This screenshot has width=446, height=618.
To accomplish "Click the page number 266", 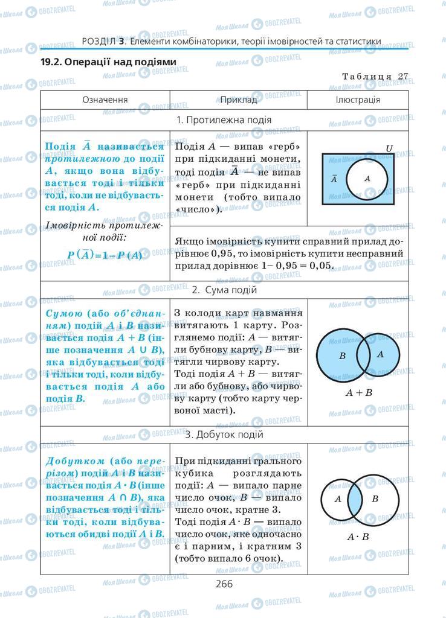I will pos(222,583).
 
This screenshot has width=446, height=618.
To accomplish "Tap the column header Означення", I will pos(105,100).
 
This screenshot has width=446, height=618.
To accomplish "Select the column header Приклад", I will pos(238,100).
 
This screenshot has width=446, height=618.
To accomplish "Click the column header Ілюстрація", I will pos(357,100).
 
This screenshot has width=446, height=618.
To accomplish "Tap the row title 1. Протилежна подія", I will pos(224,119).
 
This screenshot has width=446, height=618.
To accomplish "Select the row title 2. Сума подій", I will pos(224,290).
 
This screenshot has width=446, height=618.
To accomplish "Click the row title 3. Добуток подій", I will pos(224,434).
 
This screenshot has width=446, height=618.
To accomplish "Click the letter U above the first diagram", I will pos(389,148).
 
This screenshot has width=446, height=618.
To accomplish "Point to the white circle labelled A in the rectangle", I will pos(367,179).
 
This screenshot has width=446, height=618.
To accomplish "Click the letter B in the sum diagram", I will pos(342,355).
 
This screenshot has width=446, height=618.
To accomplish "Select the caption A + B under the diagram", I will pos(358,392).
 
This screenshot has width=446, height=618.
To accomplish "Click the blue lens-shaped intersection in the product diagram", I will pos(355,499).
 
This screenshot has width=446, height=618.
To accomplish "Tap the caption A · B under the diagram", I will pos(358,537).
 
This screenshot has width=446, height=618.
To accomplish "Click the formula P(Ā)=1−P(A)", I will pos(105,255).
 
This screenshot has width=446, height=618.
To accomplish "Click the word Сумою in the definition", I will pos(63,314).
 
